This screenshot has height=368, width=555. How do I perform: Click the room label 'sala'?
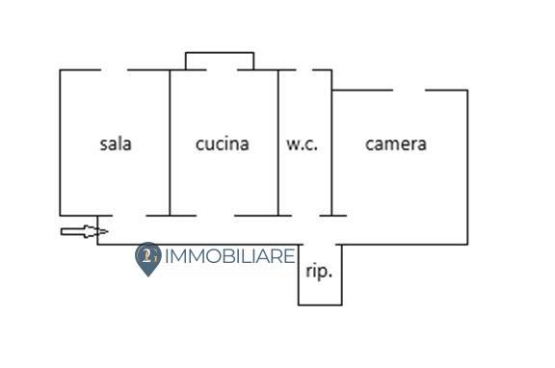point(116,145)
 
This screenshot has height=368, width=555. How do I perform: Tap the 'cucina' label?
point(222,145)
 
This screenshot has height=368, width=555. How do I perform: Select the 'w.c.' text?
point(302,145)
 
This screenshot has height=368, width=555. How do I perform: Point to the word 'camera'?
point(395,145)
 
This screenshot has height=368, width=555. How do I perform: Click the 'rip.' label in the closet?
point(319,272)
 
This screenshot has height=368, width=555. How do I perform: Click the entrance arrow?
point(84,231)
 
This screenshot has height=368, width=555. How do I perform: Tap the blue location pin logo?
point(147,258)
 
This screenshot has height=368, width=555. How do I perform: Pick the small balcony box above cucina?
point(220,61)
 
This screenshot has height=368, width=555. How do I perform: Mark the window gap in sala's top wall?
point(114,69)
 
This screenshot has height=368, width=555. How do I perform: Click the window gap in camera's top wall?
point(409,90)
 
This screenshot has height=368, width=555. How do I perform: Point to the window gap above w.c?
point(304,69)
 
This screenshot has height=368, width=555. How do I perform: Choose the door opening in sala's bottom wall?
point(130,215)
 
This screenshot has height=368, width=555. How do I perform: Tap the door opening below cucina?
point(216,215)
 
